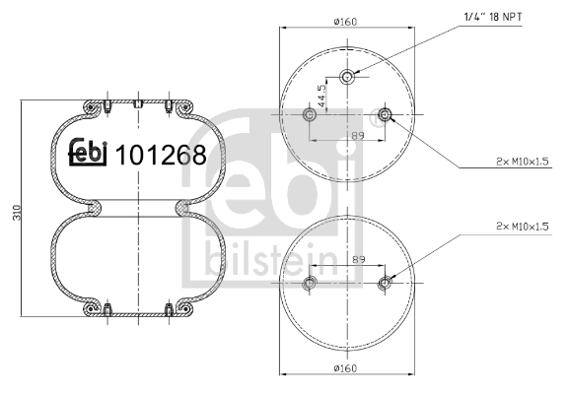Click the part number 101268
161,155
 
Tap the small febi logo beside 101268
88,154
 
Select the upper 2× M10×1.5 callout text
521,160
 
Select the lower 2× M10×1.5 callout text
521,228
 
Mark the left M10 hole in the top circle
310,117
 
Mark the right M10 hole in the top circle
385,117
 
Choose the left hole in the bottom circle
310,285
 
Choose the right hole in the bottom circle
385,285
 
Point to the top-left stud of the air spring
106,102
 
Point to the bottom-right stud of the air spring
172,309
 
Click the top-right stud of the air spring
172,102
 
